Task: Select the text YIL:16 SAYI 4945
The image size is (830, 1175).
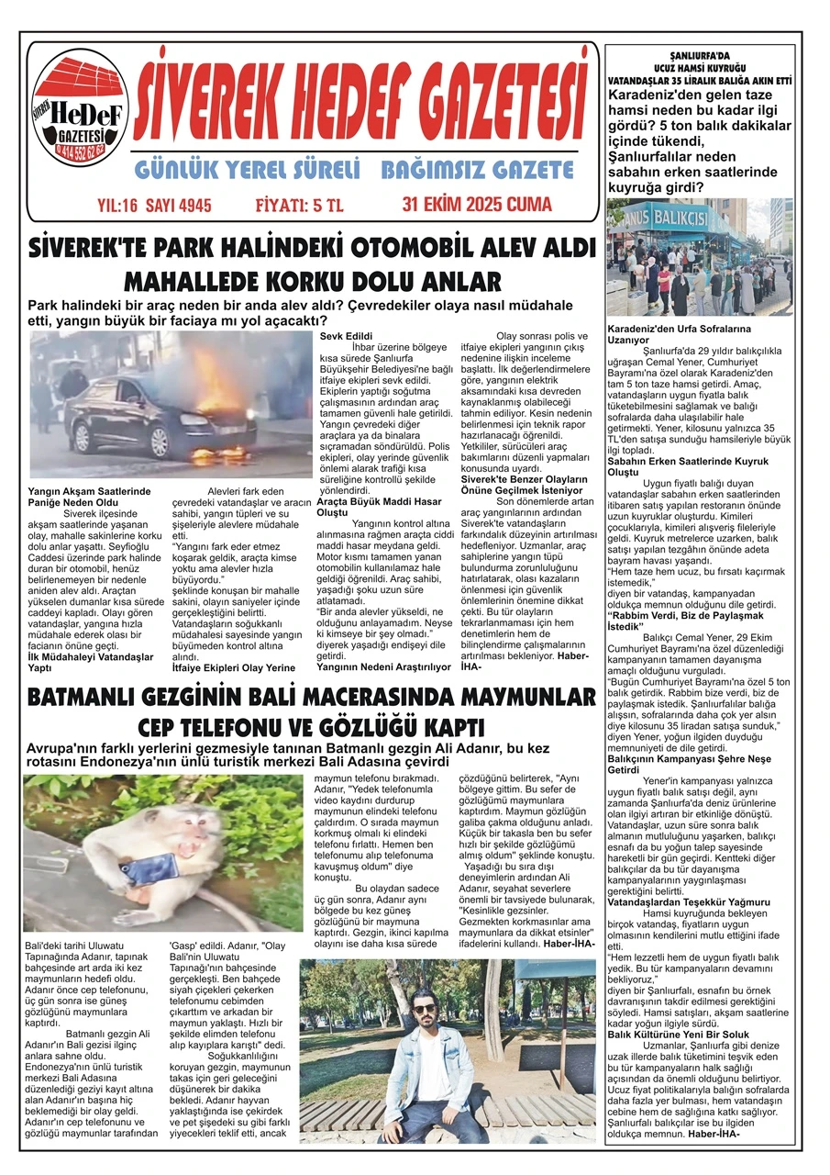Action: click(x=153, y=206)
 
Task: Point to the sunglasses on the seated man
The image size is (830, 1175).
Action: click(x=426, y=1008)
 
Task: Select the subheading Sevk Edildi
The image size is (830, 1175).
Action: click(x=339, y=337)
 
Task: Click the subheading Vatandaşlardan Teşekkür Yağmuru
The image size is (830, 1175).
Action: click(x=689, y=902)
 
